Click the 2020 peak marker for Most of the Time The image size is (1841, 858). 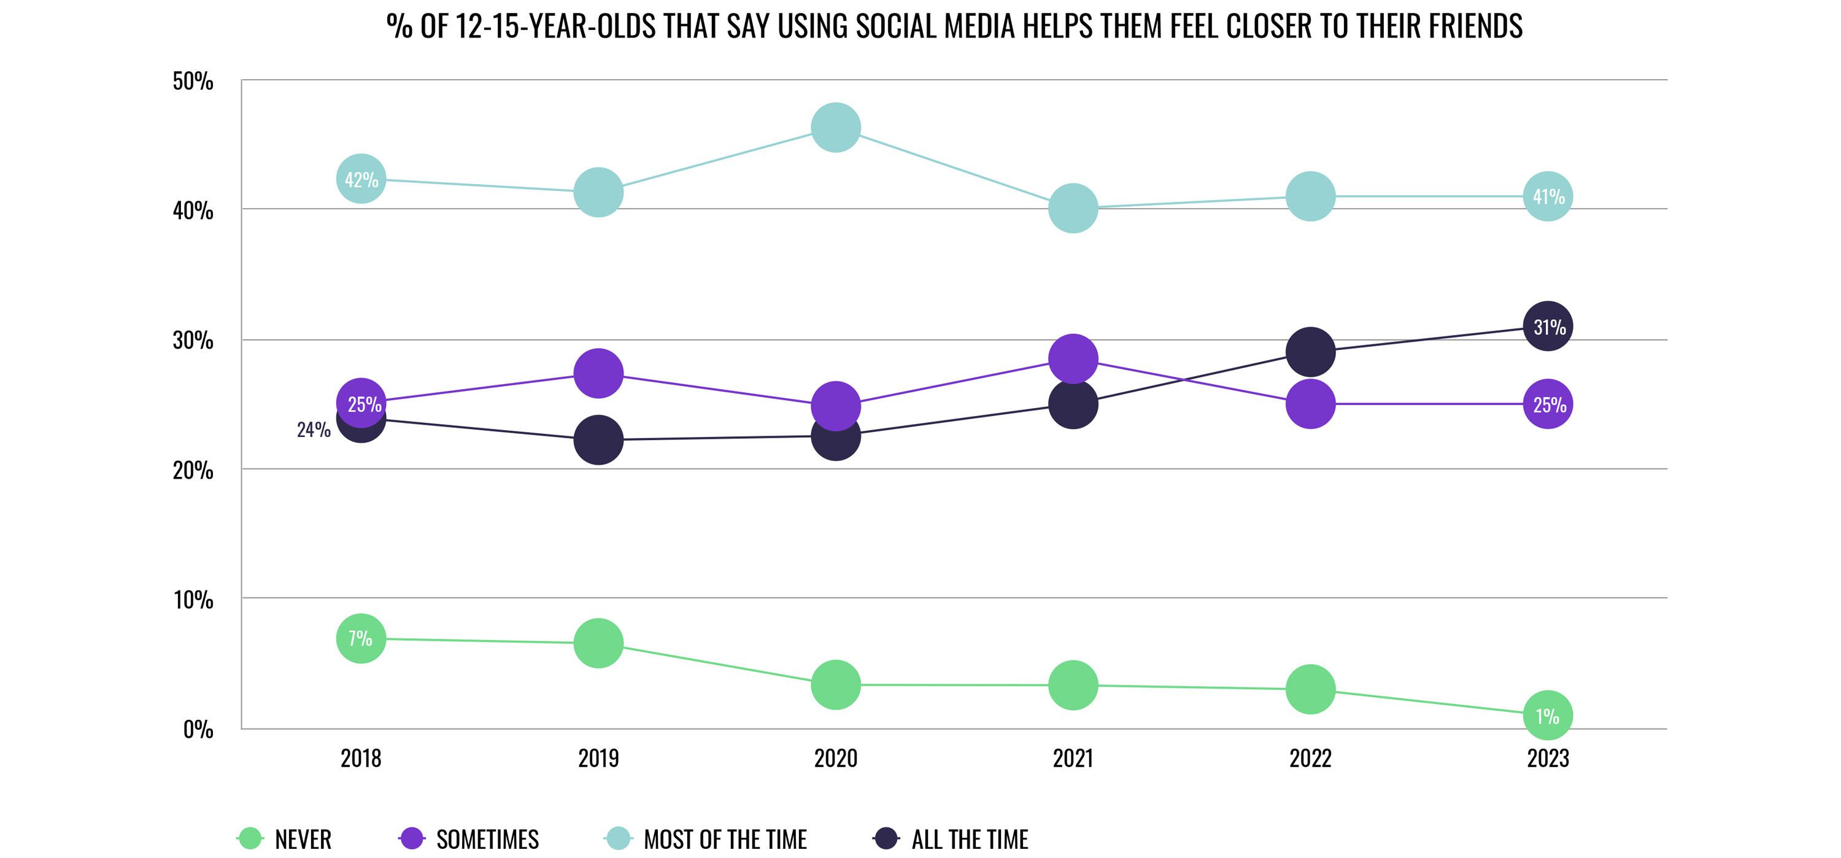click(835, 127)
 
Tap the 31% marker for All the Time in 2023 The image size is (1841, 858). click(1547, 327)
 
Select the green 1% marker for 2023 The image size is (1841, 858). click(1547, 715)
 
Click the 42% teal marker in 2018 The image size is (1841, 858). click(361, 179)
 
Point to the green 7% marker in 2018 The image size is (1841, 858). click(361, 638)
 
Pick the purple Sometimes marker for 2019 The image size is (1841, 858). click(598, 373)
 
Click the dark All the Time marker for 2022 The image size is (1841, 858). click(1310, 352)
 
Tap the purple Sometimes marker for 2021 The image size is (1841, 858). click(1073, 358)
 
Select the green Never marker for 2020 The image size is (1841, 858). click(835, 684)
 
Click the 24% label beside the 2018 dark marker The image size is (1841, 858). click(314, 430)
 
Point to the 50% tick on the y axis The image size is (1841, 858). click(193, 81)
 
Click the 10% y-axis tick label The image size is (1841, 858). click(193, 599)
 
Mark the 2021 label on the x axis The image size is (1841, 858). click(1073, 758)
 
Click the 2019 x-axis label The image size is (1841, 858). click(598, 758)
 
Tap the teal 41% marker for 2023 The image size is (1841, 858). click(1547, 196)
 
